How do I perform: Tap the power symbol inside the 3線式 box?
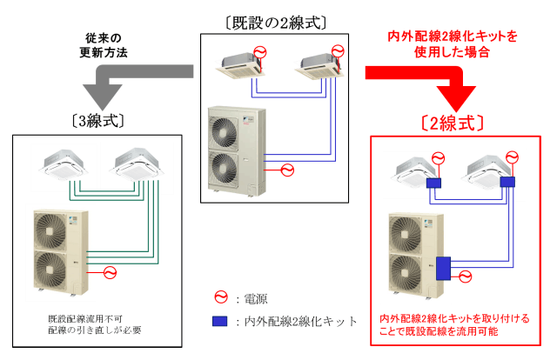[x=110, y=273]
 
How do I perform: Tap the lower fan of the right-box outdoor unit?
[x=407, y=272]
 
